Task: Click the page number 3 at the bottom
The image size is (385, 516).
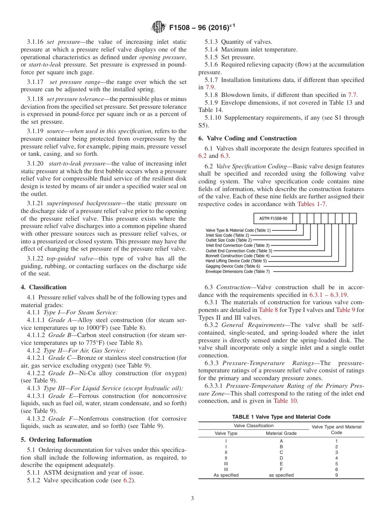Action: coord(192,499)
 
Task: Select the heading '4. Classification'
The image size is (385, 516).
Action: coord(44,287)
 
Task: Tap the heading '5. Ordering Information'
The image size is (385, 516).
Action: coord(56,440)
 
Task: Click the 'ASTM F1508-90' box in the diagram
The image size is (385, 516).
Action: coord(273,219)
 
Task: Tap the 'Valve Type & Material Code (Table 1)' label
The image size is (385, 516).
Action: coord(239,230)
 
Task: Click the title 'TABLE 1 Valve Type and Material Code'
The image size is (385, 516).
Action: coord(281,417)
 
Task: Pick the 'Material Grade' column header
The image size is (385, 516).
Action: coord(281,433)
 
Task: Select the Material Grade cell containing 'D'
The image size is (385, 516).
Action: coord(281,458)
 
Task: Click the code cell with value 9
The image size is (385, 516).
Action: coord(336,475)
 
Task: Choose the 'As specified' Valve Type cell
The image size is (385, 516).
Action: coord(226,475)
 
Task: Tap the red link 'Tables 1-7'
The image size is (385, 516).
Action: coord(312,204)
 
